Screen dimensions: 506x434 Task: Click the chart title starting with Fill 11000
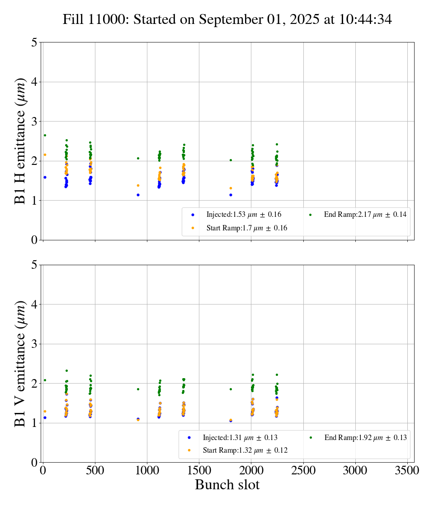227,19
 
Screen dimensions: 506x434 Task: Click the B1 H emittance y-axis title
20,141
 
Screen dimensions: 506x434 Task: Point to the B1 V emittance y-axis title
20,363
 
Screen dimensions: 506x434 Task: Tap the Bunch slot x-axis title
227,485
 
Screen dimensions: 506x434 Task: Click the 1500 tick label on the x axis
199,470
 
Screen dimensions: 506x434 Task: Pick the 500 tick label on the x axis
95,470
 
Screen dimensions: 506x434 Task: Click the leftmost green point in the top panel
45,135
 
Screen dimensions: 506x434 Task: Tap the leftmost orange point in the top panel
45,155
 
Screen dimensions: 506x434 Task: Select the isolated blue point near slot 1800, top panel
231,195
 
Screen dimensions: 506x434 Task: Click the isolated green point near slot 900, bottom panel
138,389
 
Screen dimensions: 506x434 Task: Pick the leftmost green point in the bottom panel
45,380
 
